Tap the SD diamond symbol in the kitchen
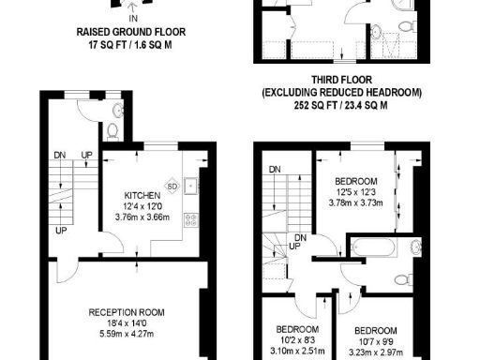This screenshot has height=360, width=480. [171, 185]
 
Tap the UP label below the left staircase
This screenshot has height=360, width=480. [61, 230]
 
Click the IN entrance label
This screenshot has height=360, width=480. [132, 18]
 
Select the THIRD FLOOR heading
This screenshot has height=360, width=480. [341, 81]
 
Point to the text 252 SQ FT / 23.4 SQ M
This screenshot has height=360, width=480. [341, 107]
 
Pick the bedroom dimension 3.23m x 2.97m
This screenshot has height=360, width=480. [375, 353]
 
